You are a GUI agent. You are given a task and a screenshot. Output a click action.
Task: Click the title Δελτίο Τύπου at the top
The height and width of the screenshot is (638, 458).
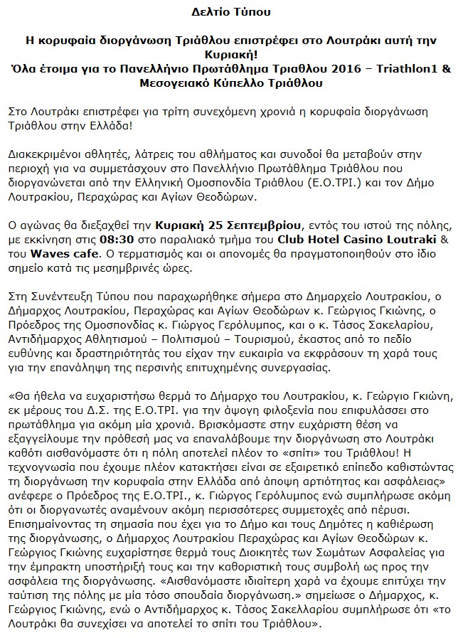click(x=228, y=13)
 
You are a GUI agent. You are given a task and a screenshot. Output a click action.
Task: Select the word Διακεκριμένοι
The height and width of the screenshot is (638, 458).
click(x=42, y=154)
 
